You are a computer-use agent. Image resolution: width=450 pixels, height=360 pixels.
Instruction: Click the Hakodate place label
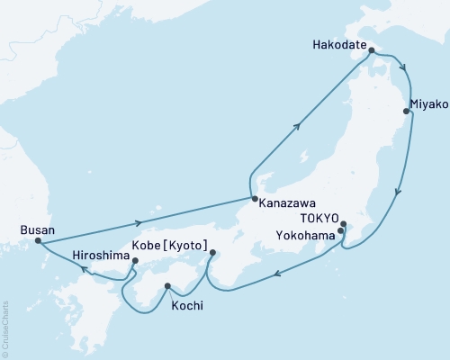(x=338, y=42)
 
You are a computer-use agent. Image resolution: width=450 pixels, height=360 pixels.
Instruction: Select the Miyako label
(x=429, y=104)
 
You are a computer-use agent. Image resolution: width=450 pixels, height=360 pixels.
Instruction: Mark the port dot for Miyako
(x=406, y=112)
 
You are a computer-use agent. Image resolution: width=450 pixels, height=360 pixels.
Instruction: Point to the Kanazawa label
(x=286, y=203)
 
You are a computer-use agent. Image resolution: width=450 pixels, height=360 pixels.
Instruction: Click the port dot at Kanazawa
(x=254, y=199)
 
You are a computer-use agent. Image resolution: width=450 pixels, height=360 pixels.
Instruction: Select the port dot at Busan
(x=37, y=241)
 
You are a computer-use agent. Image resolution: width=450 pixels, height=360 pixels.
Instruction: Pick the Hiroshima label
(x=101, y=256)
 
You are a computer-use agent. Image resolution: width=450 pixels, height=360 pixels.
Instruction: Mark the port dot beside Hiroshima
(x=135, y=262)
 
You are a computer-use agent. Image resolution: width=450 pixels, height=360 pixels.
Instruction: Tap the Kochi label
(x=186, y=306)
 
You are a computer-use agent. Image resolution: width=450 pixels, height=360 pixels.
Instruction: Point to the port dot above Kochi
(x=167, y=287)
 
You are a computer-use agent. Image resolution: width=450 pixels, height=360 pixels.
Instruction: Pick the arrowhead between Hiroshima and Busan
(x=82, y=268)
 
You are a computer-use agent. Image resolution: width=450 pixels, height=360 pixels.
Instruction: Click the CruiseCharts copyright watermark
(x=5, y=329)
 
